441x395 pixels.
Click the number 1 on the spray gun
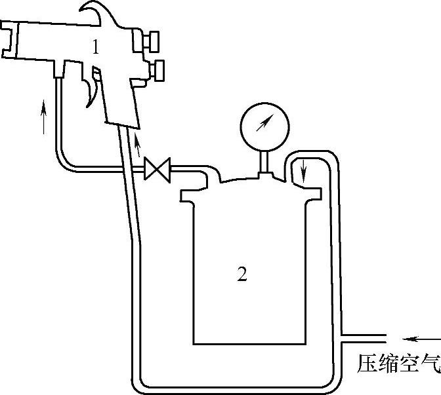coord(95,47)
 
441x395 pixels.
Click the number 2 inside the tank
coord(241,274)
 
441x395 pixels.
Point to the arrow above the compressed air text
coord(421,339)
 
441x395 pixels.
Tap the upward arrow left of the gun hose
coord(45,116)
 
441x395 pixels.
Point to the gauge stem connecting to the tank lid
coord(263,160)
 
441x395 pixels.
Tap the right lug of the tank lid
coord(314,192)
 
